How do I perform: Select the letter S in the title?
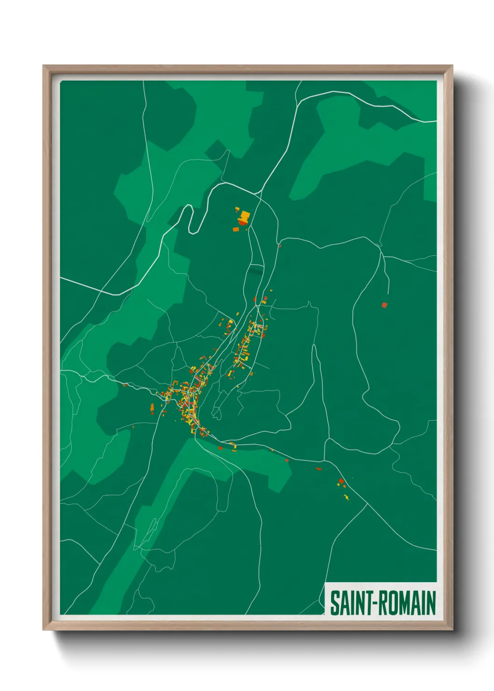click(334, 603)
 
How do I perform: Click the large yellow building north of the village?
click(245, 216)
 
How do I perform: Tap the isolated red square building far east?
click(384, 305)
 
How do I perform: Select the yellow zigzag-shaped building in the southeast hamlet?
click(346, 497)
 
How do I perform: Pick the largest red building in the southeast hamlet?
click(341, 481)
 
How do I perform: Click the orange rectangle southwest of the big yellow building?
click(236, 229)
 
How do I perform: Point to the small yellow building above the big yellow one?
click(237, 209)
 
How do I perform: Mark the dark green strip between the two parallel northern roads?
click(255, 270)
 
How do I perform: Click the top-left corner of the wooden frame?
click(43, 66)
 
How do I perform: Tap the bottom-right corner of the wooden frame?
click(452, 630)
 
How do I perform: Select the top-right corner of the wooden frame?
click(452, 66)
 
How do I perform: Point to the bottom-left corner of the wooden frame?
click(43, 630)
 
